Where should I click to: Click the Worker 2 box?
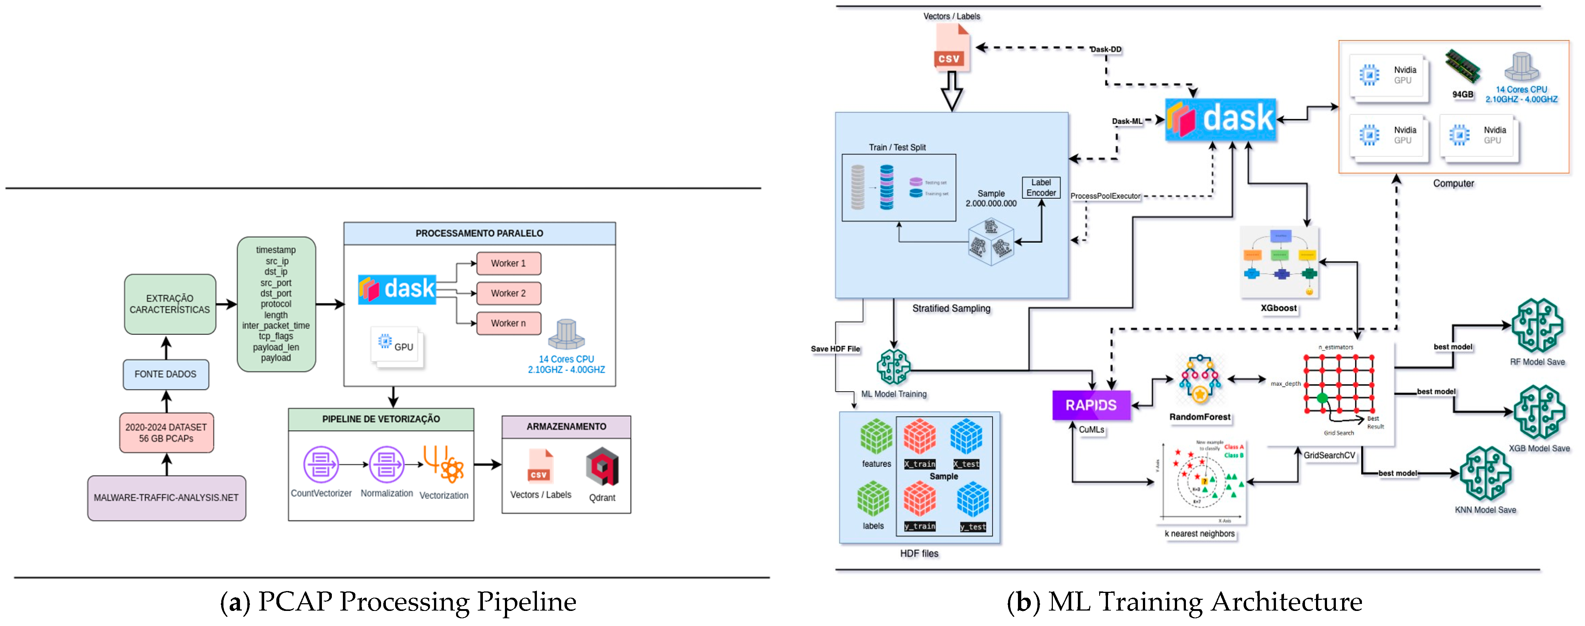(508, 294)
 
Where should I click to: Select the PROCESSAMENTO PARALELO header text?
(479, 233)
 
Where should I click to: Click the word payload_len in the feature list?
(276, 347)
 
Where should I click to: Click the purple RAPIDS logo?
(1091, 405)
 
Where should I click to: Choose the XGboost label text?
(1278, 308)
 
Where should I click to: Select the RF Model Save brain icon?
(1537, 326)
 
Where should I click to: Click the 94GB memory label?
(1463, 94)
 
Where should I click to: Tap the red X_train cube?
(919, 437)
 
